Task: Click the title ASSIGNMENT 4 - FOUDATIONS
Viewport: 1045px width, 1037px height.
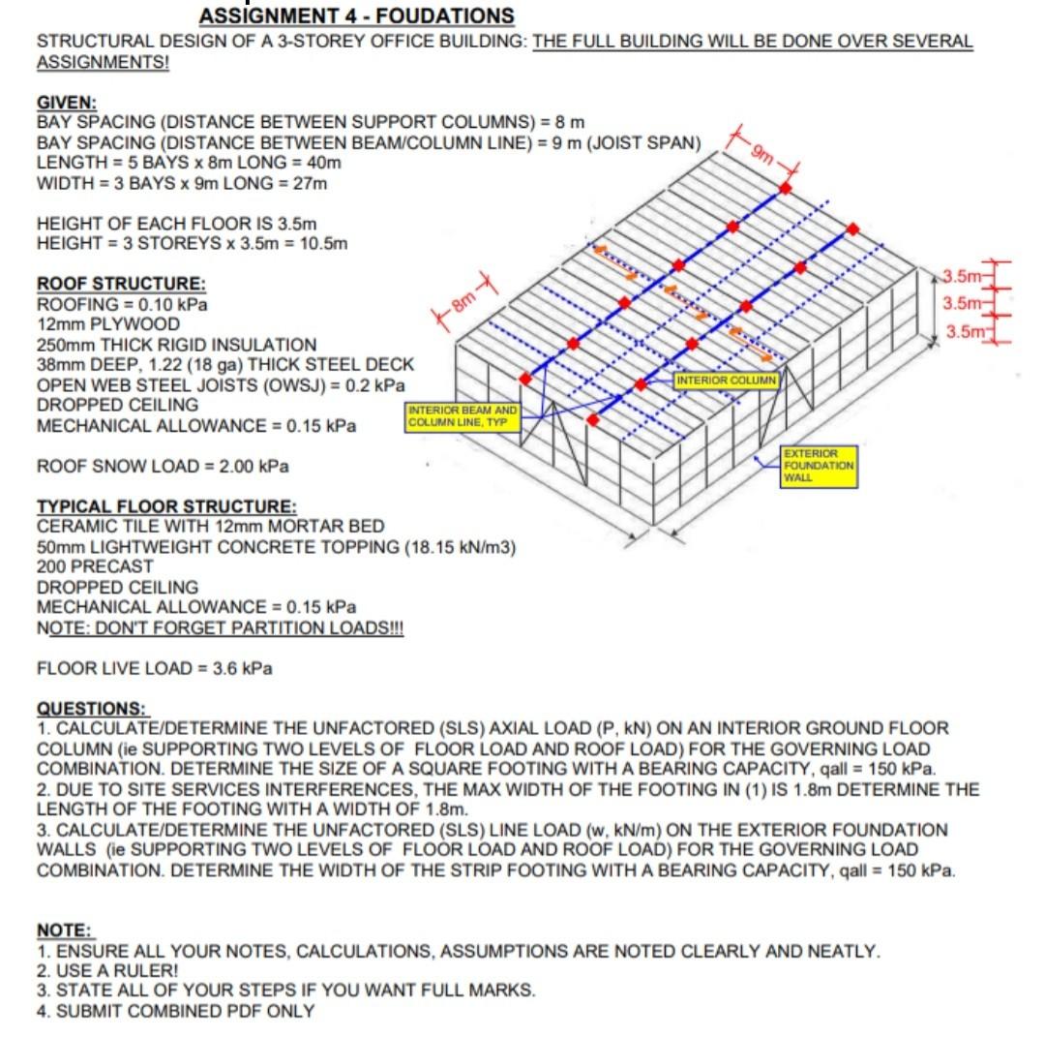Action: click(x=356, y=16)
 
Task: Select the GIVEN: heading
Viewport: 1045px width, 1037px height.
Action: click(x=67, y=103)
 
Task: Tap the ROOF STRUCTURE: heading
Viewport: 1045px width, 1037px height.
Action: click(x=121, y=284)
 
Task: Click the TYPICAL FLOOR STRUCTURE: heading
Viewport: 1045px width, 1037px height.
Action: click(x=166, y=506)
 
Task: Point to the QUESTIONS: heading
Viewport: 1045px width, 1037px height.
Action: click(x=91, y=708)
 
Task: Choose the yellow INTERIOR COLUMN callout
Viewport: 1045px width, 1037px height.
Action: click(x=726, y=380)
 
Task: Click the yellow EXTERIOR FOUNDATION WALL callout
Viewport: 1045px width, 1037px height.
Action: click(x=819, y=466)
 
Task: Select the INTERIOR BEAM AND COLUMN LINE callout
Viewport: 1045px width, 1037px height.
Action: click(x=463, y=417)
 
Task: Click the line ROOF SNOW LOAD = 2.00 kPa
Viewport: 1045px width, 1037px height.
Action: click(x=163, y=467)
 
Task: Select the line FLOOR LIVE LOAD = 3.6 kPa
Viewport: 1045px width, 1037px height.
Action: click(x=154, y=668)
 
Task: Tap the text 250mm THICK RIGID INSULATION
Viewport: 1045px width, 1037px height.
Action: click(x=176, y=345)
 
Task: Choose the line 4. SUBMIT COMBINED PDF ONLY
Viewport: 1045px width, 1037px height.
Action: click(x=175, y=1011)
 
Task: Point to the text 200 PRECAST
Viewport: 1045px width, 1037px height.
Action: click(x=95, y=566)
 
